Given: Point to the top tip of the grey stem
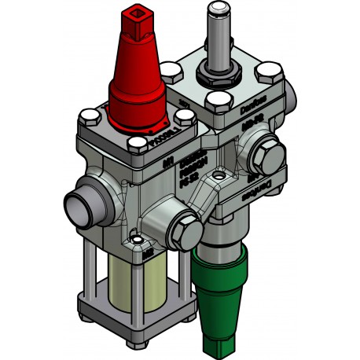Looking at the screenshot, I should coord(215,9).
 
